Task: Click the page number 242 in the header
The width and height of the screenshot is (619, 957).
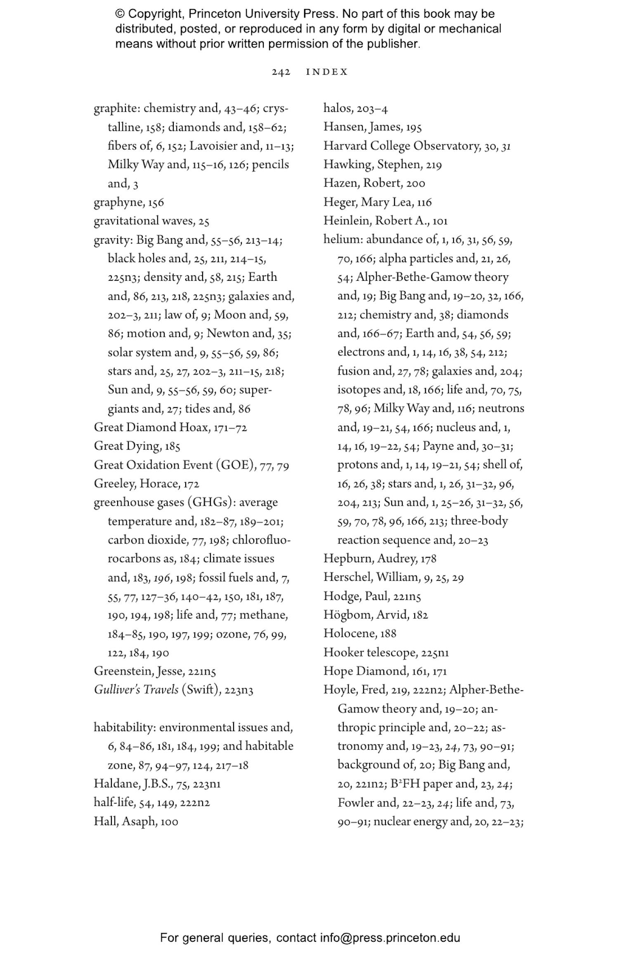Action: click(x=281, y=72)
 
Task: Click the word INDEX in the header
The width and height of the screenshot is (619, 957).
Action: click(x=327, y=72)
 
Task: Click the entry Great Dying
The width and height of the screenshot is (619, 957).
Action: click(x=127, y=446)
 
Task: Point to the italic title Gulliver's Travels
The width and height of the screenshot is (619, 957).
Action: click(x=136, y=690)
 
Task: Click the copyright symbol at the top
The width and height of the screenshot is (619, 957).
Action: click(x=120, y=14)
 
